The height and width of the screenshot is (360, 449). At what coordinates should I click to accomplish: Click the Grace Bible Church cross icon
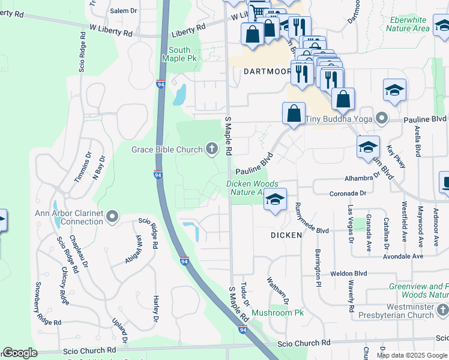211,149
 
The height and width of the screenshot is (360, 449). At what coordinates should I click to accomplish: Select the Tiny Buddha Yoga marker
381,118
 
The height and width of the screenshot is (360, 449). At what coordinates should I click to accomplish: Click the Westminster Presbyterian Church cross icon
442,310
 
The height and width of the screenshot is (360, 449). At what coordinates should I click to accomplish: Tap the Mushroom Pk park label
278,313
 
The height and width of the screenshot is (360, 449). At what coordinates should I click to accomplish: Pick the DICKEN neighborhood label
286,235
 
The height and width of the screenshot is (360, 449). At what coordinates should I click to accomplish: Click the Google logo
20,353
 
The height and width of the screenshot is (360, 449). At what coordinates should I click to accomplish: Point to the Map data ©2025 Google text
412,355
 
